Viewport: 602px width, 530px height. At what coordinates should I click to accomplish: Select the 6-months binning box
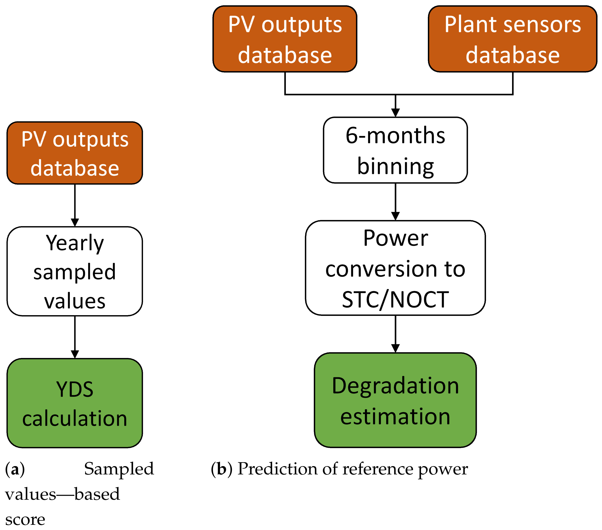click(395, 150)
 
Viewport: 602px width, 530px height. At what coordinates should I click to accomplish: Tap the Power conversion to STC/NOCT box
click(395, 268)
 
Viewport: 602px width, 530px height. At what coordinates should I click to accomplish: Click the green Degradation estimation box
click(395, 400)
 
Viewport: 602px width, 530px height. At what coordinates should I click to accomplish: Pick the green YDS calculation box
click(75, 403)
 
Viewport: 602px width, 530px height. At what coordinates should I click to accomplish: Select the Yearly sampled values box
click(75, 271)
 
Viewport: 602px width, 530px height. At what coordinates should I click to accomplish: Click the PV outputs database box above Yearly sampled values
click(75, 153)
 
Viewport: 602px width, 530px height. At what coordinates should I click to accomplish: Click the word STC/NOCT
click(395, 300)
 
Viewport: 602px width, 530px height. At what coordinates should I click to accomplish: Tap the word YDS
click(75, 389)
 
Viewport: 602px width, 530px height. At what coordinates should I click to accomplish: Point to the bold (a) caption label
click(15, 469)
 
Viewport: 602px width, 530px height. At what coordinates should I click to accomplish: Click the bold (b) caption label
click(221, 469)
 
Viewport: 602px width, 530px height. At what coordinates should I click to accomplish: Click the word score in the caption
click(25, 520)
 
